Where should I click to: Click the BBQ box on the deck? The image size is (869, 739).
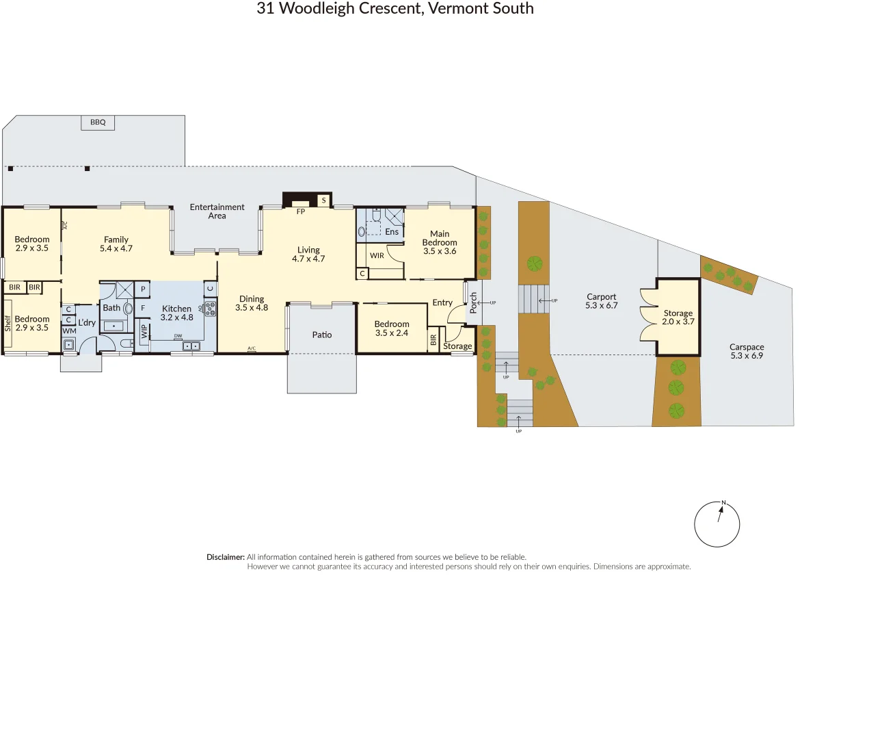pyautogui.click(x=98, y=122)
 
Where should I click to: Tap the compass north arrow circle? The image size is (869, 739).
pyautogui.click(x=717, y=524)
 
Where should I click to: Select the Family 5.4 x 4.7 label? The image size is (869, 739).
pyautogui.click(x=116, y=244)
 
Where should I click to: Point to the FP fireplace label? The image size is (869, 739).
pyautogui.click(x=301, y=211)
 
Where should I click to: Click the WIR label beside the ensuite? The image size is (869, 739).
pyautogui.click(x=377, y=256)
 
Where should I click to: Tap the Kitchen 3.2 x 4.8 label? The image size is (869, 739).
pyautogui.click(x=177, y=313)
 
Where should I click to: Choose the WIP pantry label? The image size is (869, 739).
pyautogui.click(x=144, y=331)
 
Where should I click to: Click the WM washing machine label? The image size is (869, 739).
pyautogui.click(x=70, y=331)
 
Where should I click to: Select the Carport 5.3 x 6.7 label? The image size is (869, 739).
pyautogui.click(x=601, y=301)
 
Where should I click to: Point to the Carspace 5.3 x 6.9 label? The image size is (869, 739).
pyautogui.click(x=747, y=351)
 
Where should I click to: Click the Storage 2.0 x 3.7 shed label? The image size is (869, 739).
pyautogui.click(x=678, y=317)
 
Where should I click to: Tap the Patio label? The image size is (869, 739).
pyautogui.click(x=322, y=335)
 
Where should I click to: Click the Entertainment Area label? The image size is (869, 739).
pyautogui.click(x=217, y=211)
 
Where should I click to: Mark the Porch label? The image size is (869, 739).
pyautogui.click(x=473, y=302)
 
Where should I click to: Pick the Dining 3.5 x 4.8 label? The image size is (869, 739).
pyautogui.click(x=252, y=303)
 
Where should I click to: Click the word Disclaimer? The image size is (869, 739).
pyautogui.click(x=225, y=557)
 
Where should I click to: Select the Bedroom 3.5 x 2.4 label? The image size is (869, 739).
pyautogui.click(x=392, y=328)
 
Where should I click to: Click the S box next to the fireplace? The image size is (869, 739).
pyautogui.click(x=324, y=200)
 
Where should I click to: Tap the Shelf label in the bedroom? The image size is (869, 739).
pyautogui.click(x=8, y=323)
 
